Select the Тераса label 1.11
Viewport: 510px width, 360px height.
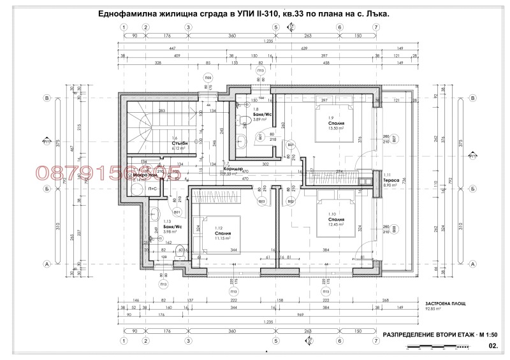click(391, 181)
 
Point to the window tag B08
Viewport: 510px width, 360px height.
click(394, 229)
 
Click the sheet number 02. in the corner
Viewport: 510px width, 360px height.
click(492, 346)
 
